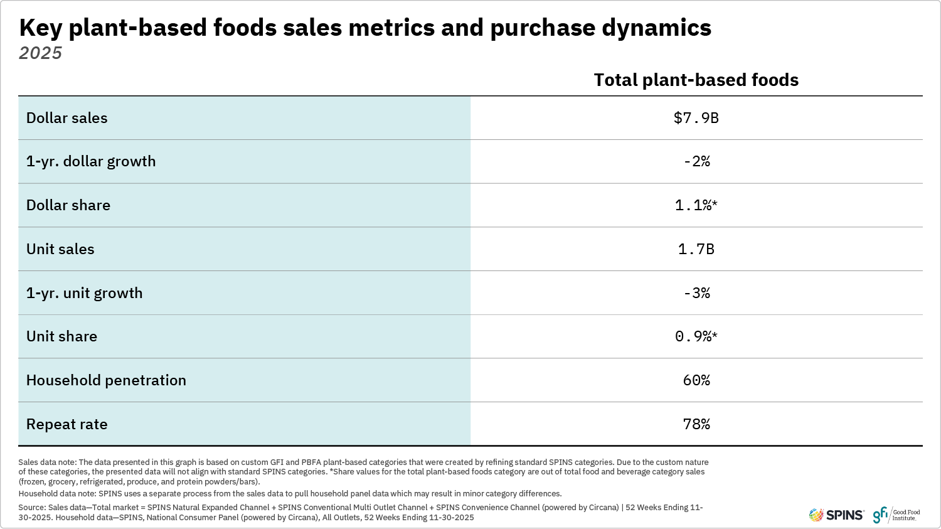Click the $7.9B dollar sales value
(x=696, y=118)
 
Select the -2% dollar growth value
(x=696, y=161)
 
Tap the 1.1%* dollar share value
(x=696, y=205)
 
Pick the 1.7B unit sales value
(x=696, y=249)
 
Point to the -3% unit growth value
(x=696, y=293)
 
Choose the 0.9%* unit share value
(x=696, y=336)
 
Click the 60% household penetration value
(x=696, y=380)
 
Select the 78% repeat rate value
(x=696, y=424)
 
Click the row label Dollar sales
(x=66, y=118)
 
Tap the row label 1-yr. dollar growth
(x=91, y=161)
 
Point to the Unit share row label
(x=61, y=336)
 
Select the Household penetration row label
(x=106, y=380)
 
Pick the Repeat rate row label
(x=66, y=424)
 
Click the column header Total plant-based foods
(x=696, y=80)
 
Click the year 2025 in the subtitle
(x=40, y=53)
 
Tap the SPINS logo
(x=836, y=515)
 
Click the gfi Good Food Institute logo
(x=897, y=515)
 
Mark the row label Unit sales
(x=60, y=249)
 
